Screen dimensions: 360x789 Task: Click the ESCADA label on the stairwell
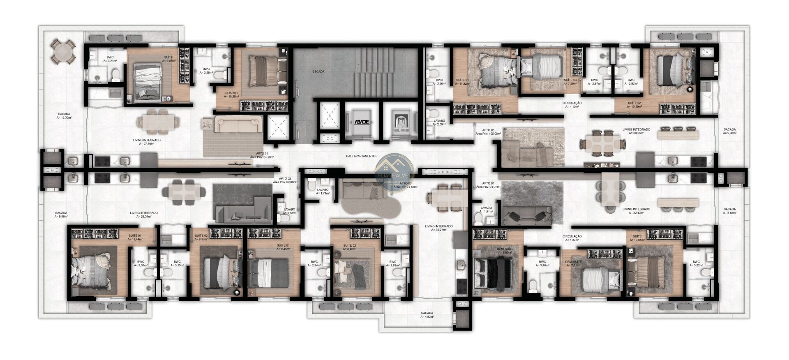coord(318,72)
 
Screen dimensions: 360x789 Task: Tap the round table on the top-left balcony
coord(64,52)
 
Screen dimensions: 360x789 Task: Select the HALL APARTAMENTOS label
coord(361,156)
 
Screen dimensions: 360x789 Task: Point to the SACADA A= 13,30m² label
coord(64,115)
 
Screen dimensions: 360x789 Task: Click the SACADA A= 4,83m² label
coord(427,315)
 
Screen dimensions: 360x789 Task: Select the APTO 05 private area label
coord(488,132)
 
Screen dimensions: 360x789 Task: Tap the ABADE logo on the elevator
coord(362,122)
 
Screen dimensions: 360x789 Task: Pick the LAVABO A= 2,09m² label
coord(439,122)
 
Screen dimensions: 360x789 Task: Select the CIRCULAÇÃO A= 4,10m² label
coord(572,105)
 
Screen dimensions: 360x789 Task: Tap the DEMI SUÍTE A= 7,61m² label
coord(574,263)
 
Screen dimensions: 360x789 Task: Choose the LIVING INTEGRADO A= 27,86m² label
coord(147,142)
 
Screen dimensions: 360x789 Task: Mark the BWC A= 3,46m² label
coord(542,263)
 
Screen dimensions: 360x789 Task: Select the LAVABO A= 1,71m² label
coord(323,191)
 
